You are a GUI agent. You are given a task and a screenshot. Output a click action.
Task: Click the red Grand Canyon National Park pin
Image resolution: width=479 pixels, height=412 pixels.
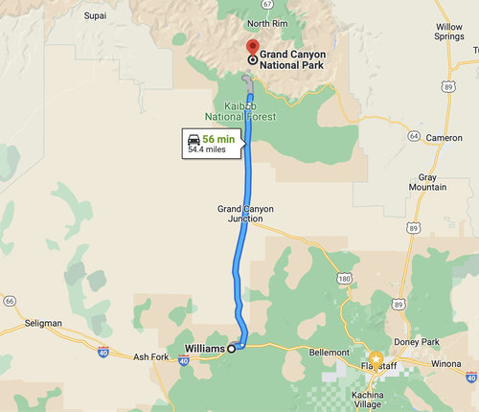[x=252, y=48]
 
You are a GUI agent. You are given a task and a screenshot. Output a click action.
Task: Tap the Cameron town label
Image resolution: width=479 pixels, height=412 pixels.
[x=444, y=138]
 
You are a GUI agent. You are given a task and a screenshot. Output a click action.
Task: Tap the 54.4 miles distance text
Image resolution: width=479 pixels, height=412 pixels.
[x=209, y=149]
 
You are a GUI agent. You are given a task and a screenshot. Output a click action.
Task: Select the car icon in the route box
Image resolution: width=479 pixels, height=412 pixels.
[x=194, y=140]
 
